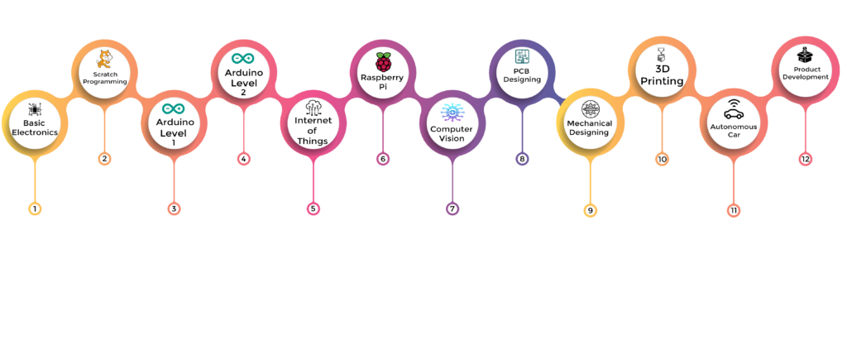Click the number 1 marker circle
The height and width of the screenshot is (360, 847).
click(x=35, y=209)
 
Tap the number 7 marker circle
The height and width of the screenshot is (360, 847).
click(x=452, y=209)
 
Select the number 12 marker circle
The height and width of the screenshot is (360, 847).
click(x=806, y=159)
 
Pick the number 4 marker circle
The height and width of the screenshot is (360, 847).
click(x=243, y=158)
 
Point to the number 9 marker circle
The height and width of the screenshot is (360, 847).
click(x=590, y=210)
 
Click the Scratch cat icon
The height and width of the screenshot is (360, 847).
click(x=104, y=60)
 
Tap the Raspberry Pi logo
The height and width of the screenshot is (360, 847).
click(x=383, y=62)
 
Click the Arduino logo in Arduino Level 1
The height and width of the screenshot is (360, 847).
click(x=174, y=108)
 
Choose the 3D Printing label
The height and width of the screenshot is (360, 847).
click(x=663, y=75)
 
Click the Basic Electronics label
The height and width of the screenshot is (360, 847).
click(x=34, y=128)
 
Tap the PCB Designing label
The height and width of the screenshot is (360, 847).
click(x=522, y=75)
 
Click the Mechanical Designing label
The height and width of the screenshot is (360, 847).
click(x=589, y=127)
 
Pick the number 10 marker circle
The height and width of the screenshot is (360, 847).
click(x=662, y=158)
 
